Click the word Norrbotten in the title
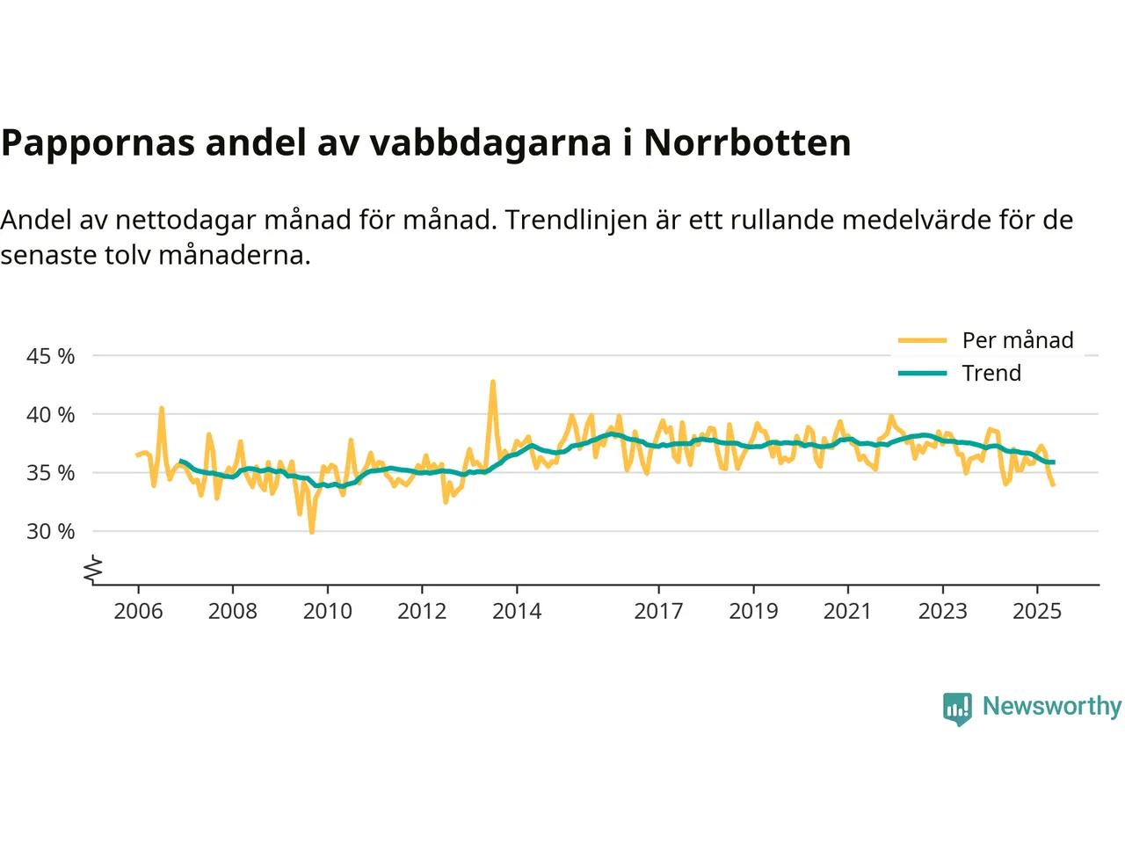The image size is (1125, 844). (x=747, y=142)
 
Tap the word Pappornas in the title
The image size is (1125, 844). (x=98, y=142)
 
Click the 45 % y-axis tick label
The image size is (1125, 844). (x=51, y=356)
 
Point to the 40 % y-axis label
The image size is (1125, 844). (x=51, y=414)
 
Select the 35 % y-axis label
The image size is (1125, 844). (x=51, y=473)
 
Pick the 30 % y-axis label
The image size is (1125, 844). (x=51, y=531)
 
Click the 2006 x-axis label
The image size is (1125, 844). (x=138, y=611)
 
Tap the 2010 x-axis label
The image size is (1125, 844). (x=327, y=611)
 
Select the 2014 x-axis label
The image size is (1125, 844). (x=517, y=611)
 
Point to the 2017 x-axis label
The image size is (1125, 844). (x=658, y=611)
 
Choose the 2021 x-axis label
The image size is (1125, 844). (x=847, y=611)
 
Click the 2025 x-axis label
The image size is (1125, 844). (x=1037, y=611)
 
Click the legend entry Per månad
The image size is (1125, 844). (x=1018, y=340)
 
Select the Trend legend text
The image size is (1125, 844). (x=991, y=373)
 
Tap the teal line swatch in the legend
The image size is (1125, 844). (x=922, y=373)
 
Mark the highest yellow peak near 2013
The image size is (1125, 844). (x=493, y=382)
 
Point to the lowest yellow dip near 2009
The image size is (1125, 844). (x=311, y=532)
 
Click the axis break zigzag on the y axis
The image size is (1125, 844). (x=93, y=571)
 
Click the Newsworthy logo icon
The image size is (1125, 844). (x=957, y=708)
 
